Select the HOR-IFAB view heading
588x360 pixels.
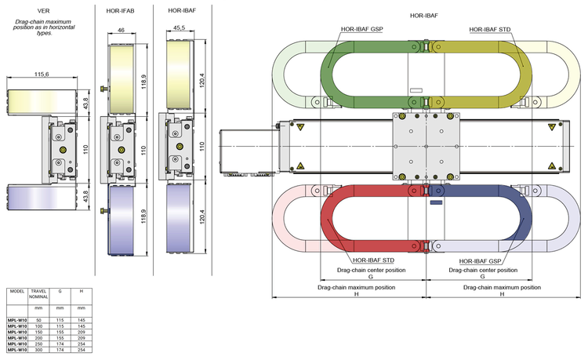(120, 10)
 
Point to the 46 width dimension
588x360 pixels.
(122, 30)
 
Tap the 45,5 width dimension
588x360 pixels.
(179, 29)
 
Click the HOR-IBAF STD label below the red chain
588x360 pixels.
(372, 260)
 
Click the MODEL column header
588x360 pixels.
(15, 290)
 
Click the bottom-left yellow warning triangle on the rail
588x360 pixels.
(300, 166)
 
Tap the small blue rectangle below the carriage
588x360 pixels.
(436, 202)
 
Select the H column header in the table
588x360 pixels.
(81, 290)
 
